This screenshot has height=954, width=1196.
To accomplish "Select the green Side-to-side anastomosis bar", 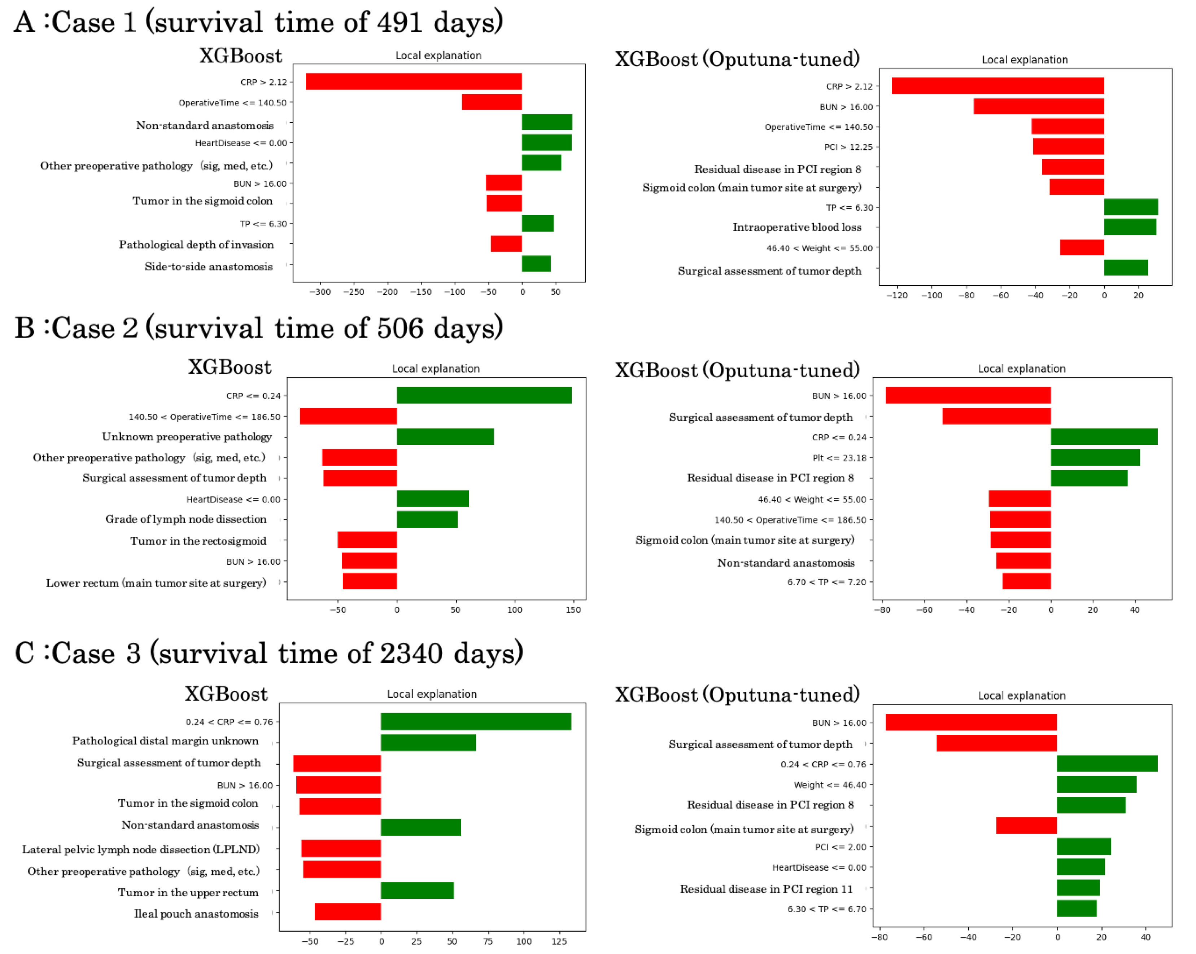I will click(536, 264).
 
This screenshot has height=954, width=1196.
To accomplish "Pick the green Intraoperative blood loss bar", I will click(1130, 227).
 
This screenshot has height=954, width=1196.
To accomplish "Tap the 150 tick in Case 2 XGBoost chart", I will click(573, 610).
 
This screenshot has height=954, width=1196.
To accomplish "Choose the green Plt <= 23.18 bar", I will click(1095, 457).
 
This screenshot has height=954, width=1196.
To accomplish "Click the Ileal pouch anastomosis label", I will click(196, 914).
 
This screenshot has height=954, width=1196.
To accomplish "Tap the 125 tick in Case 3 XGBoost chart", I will click(559, 941).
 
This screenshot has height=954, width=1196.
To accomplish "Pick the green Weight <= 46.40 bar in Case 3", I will click(1096, 784).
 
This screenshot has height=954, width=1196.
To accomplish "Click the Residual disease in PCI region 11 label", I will click(766, 889).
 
